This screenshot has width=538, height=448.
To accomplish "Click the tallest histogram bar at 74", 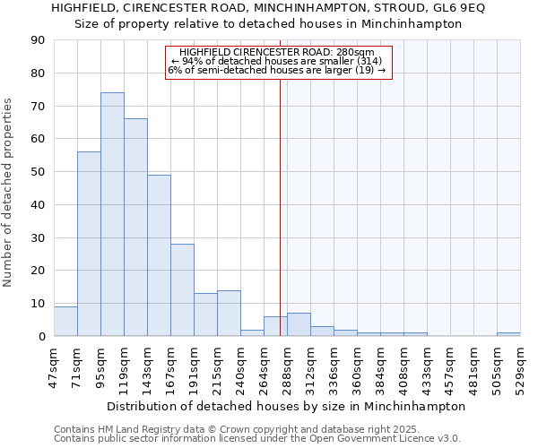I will tap(112, 215).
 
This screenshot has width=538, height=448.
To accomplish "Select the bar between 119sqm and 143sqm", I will tap(135, 228).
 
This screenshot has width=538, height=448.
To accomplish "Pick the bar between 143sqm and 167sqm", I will tap(159, 255).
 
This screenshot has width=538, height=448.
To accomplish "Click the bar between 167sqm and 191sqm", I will tap(182, 290).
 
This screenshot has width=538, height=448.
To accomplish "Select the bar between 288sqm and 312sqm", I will tap(299, 325).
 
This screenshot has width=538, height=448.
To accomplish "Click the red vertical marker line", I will tap(280, 224).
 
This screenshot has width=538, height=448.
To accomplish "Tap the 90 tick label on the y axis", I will tap(38, 40).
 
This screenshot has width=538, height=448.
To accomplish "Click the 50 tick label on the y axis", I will tap(38, 172).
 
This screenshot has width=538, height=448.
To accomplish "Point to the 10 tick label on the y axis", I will tap(38, 304).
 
